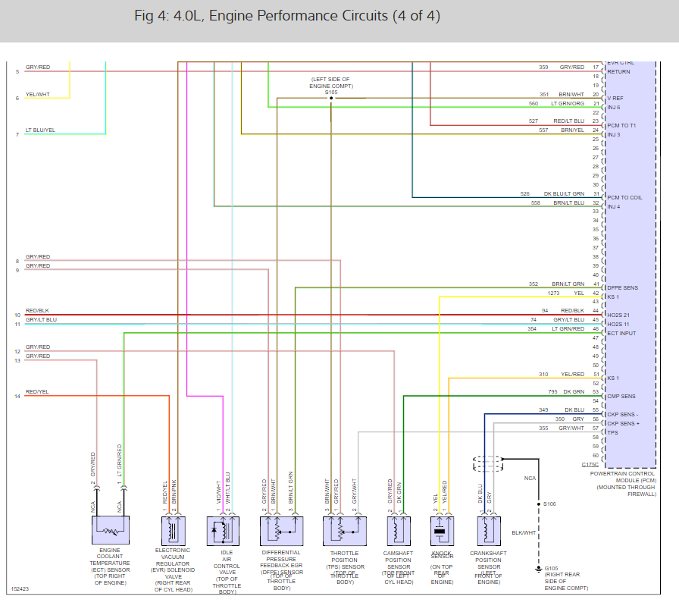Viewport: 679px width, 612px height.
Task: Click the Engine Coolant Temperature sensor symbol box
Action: pyautogui.click(x=110, y=530)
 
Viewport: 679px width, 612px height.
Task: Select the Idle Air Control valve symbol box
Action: pyautogui.click(x=224, y=530)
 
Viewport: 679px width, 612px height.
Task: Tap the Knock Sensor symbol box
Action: pyautogui.click(x=440, y=530)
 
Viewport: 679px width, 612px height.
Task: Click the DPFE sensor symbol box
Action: pyautogui.click(x=281, y=530)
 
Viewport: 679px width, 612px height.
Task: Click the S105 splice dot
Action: pyautogui.click(x=331, y=99)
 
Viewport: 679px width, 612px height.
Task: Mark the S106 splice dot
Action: pyautogui.click(x=540, y=504)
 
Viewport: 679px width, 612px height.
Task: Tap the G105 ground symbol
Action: pyautogui.click(x=540, y=568)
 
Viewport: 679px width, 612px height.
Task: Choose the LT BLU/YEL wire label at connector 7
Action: pyautogui.click(x=40, y=130)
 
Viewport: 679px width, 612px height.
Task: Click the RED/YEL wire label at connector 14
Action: pyautogui.click(x=37, y=392)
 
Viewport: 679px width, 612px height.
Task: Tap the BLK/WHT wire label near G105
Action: pyautogui.click(x=524, y=532)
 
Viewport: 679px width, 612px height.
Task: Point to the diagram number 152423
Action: pyautogui.click(x=20, y=588)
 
